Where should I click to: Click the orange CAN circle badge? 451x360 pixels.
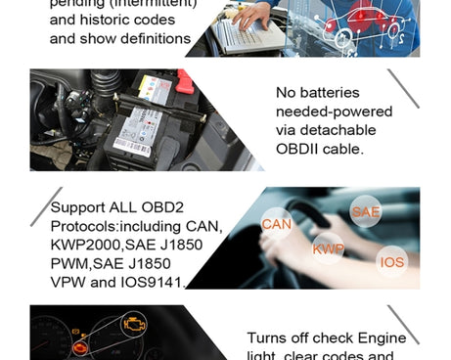277,224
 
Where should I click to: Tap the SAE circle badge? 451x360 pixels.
366,211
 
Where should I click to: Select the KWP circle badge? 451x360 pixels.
328,248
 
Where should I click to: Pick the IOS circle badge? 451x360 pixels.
392,262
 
